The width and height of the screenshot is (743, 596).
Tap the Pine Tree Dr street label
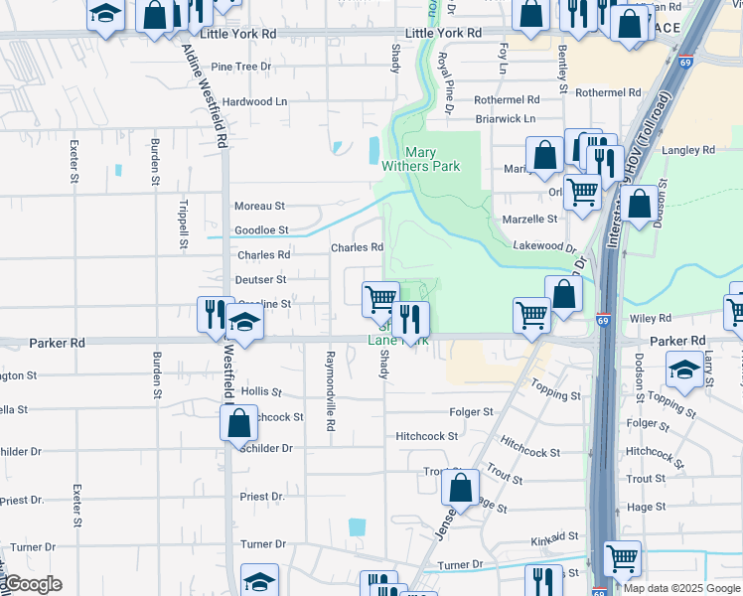pyautogui.click(x=241, y=67)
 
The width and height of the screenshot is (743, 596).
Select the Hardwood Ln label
pyautogui.click(x=254, y=101)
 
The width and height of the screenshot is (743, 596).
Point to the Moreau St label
pyautogui.click(x=259, y=206)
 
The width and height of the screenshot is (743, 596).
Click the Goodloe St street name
pyautogui.click(x=261, y=230)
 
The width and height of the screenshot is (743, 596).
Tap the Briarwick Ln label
pyautogui.click(x=505, y=118)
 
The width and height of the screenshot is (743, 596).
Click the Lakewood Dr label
pyautogui.click(x=544, y=245)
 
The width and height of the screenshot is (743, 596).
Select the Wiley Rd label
pyautogui.click(x=652, y=318)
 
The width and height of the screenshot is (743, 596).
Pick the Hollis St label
pyautogui.click(x=261, y=392)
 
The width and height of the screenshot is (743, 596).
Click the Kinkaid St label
pyautogui.click(x=553, y=536)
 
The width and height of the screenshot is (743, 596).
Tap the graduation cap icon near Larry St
pyautogui.click(x=685, y=371)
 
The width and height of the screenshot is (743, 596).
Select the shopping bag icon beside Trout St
pyautogui.click(x=460, y=488)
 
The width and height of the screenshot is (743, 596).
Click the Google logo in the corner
pyautogui.click(x=32, y=584)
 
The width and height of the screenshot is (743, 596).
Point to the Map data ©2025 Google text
pyautogui.click(x=680, y=588)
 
